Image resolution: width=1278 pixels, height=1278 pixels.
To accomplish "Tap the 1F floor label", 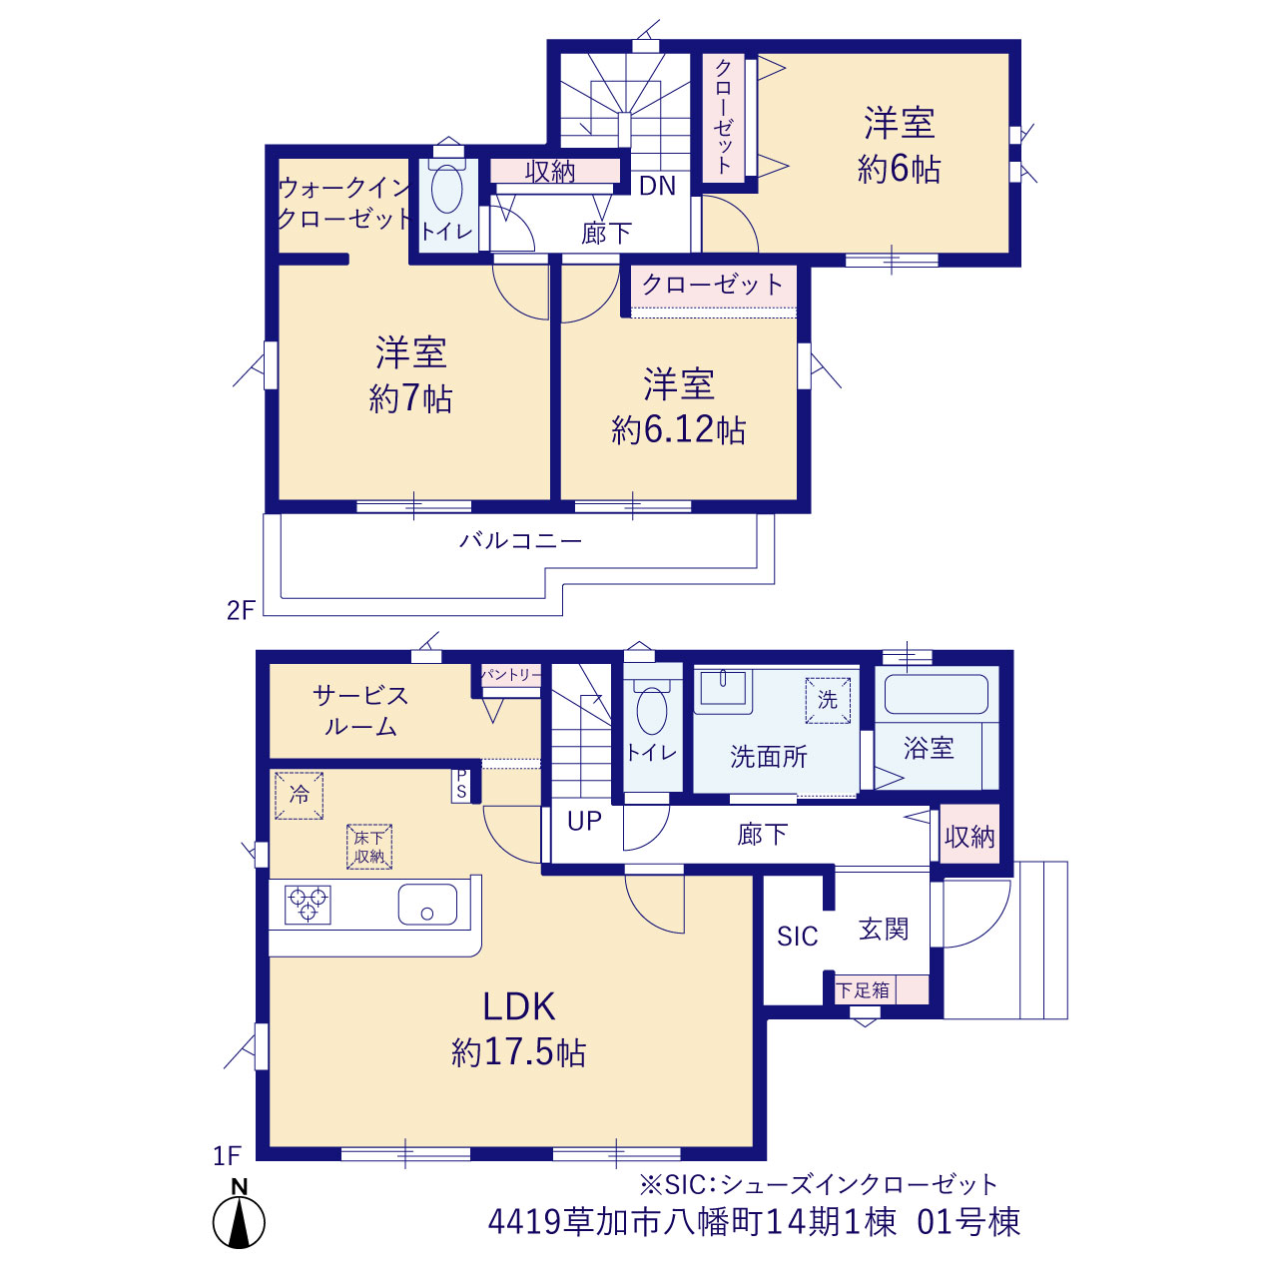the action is pyautogui.click(x=227, y=1156).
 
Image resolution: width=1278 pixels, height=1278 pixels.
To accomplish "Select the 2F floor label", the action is pyautogui.click(x=241, y=610).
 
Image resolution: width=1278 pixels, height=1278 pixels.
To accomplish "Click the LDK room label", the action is pyautogui.click(x=518, y=1007).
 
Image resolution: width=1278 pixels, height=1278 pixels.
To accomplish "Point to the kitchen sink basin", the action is pyautogui.click(x=427, y=905).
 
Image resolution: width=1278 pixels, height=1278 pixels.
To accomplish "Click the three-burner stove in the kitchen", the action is pyautogui.click(x=308, y=905).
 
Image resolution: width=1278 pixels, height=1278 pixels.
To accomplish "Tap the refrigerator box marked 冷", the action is pyautogui.click(x=300, y=795).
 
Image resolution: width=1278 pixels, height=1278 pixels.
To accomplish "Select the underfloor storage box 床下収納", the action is pyautogui.click(x=369, y=847).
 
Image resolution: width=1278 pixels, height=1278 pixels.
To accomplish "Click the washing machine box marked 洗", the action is pyautogui.click(x=828, y=700).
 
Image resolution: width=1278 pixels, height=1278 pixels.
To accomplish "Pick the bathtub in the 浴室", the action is pyautogui.click(x=937, y=694).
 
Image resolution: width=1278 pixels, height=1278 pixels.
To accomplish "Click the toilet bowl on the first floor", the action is pyautogui.click(x=652, y=710).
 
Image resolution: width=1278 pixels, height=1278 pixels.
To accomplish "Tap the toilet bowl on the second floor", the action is pyautogui.click(x=447, y=190).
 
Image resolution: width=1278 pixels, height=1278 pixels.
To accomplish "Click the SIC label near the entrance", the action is pyautogui.click(x=797, y=937).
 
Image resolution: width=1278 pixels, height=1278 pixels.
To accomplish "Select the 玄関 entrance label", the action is pyautogui.click(x=884, y=930).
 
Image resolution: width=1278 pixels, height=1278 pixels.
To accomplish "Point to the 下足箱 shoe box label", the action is pyautogui.click(x=863, y=990).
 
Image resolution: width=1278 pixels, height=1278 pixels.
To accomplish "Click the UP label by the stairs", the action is pyautogui.click(x=584, y=822).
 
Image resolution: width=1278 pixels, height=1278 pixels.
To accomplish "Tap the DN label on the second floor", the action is pyautogui.click(x=657, y=187).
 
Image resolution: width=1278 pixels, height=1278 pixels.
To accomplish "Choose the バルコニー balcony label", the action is pyautogui.click(x=520, y=540).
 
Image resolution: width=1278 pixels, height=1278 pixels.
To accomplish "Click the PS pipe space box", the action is pyautogui.click(x=461, y=785).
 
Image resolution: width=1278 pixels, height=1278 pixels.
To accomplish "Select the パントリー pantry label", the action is pyautogui.click(x=510, y=675).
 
